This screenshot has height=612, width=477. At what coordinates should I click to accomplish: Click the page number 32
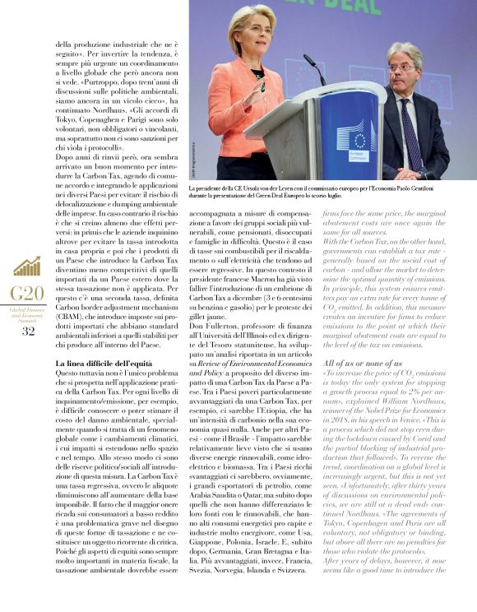click(28, 331)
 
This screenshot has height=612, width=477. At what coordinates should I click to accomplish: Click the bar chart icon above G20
click(27, 267)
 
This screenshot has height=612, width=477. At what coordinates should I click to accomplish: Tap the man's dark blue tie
click(410, 132)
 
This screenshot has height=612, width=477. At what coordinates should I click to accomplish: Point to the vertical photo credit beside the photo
click(195, 155)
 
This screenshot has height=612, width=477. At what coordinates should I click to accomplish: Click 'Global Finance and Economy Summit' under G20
click(28, 314)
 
